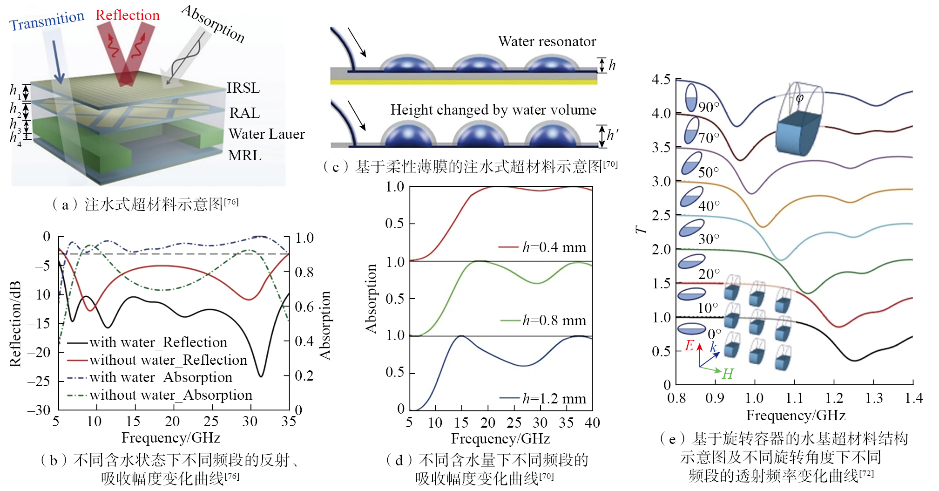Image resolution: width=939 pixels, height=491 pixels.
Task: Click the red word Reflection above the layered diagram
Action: click(x=127, y=15)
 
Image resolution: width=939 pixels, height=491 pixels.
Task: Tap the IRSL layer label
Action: click(x=243, y=88)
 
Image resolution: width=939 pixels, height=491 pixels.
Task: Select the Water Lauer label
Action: click(x=266, y=134)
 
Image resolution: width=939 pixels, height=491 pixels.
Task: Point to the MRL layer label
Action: click(x=244, y=156)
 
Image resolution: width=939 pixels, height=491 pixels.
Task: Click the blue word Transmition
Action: click(x=47, y=20)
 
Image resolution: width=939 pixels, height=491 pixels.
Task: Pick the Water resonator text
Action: click(x=547, y=41)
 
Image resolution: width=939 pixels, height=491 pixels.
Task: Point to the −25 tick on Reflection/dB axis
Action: click(x=39, y=382)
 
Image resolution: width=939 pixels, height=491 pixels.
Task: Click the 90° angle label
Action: click(x=709, y=107)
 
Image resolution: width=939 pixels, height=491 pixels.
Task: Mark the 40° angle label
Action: click(x=709, y=205)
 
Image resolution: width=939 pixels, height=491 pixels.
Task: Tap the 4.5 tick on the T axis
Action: click(x=661, y=80)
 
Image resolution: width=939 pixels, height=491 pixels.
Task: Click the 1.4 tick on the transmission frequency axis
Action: click(x=913, y=398)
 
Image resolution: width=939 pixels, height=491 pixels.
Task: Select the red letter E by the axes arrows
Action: click(x=690, y=345)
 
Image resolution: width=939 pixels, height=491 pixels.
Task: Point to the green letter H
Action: click(x=727, y=374)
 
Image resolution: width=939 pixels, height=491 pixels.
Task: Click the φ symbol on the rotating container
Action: click(x=799, y=98)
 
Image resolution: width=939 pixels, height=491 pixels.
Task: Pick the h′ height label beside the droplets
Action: click(x=612, y=135)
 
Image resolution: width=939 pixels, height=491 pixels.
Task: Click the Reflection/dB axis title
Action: click(x=15, y=324)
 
